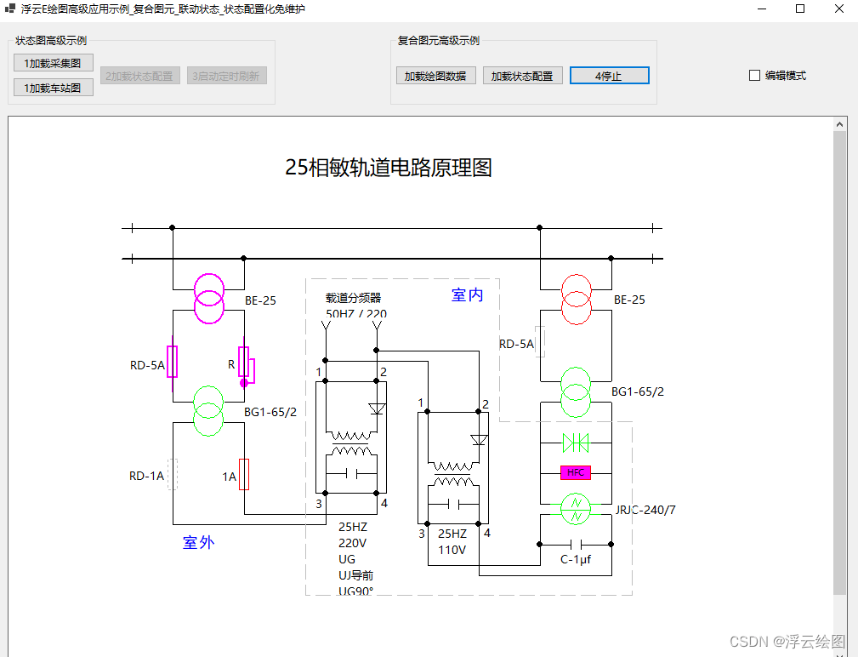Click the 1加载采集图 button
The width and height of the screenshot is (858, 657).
point(53,63)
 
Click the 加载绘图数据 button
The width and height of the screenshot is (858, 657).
point(435,76)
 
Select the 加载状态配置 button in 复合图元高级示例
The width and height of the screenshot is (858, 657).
point(522,76)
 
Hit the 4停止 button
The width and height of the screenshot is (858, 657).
point(609,76)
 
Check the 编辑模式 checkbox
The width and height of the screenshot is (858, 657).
point(754,76)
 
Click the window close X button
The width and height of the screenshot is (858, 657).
point(838,9)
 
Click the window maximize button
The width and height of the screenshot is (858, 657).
point(800,9)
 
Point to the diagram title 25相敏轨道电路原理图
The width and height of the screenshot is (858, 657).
point(389,168)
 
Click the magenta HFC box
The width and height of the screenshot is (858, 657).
point(576,472)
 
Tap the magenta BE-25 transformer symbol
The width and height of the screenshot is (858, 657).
point(208,299)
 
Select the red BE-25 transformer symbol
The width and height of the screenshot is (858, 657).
point(576,299)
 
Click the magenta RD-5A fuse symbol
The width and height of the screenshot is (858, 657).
point(173,362)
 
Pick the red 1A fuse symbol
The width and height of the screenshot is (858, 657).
point(244,475)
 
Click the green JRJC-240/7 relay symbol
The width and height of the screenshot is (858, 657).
point(576,508)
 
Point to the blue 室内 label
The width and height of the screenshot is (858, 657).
point(467,295)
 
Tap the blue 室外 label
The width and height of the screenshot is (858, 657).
point(198,543)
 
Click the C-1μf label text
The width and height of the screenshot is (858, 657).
point(576,559)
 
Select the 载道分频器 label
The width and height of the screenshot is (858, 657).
point(354,298)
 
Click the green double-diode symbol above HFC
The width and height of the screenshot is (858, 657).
point(576,443)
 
